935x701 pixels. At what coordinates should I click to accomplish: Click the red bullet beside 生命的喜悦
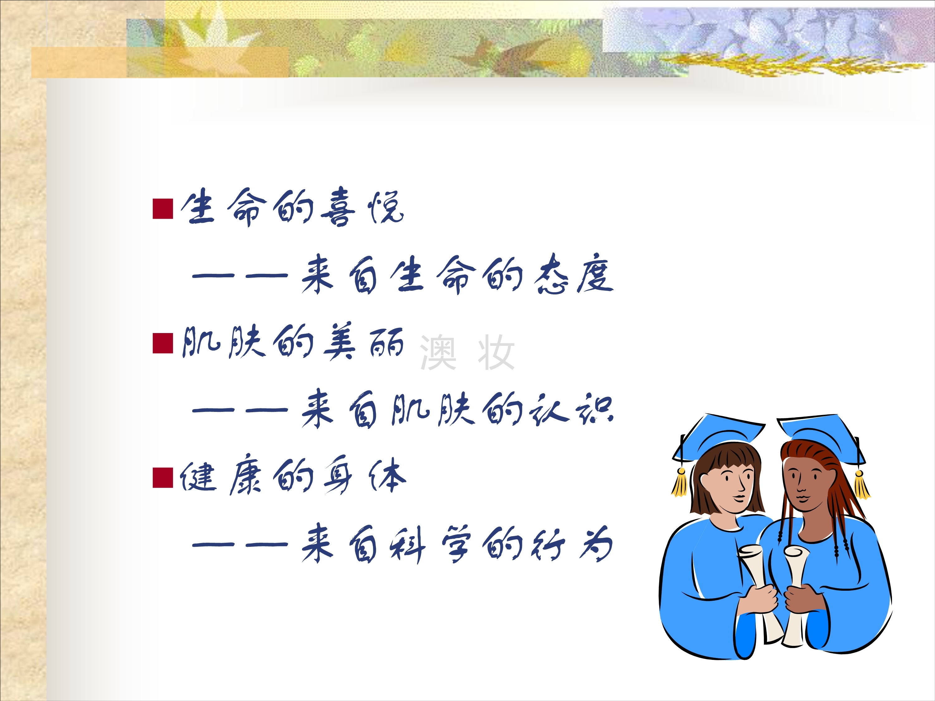coord(163,209)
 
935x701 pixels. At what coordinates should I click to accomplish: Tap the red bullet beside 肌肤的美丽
coord(163,343)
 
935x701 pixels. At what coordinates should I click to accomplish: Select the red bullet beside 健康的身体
coord(163,478)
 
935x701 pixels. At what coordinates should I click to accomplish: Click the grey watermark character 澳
coord(438,352)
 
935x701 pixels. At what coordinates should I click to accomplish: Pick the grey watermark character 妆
coord(496,352)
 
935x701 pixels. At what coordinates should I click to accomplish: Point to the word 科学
coord(429,544)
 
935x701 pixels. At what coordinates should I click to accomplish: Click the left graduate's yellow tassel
coord(680,483)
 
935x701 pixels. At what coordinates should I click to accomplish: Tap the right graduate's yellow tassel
coord(861,485)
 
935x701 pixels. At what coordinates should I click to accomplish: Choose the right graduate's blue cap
coord(820,437)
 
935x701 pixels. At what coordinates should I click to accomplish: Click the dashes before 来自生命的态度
coord(240,275)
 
